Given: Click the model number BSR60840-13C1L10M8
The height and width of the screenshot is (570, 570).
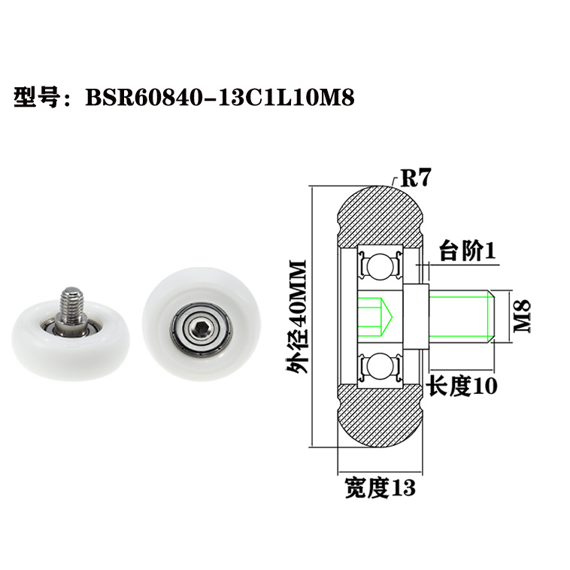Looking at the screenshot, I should point(220,98).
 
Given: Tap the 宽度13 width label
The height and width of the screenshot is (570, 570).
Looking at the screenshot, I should point(379,488).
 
